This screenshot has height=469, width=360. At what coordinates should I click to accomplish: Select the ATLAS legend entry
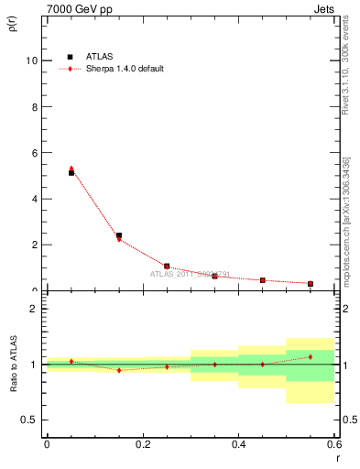[x=94, y=57]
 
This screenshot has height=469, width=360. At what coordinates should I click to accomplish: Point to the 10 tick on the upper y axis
[x=32, y=60]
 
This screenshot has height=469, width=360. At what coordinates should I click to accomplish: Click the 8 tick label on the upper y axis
[x=35, y=106]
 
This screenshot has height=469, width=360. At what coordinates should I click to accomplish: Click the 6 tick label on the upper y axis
[x=35, y=152]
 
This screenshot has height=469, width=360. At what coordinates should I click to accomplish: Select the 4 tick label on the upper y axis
[x=35, y=199]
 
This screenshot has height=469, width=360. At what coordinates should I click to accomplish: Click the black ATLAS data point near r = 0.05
[x=71, y=172]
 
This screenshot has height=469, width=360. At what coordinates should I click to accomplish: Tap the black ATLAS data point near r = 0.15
[x=119, y=235]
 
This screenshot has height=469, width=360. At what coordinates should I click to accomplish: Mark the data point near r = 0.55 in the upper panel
[x=311, y=284]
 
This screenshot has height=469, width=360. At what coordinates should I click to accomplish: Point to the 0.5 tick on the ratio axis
[x=30, y=420]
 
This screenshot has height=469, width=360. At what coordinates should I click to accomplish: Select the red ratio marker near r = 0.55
[x=311, y=356]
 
